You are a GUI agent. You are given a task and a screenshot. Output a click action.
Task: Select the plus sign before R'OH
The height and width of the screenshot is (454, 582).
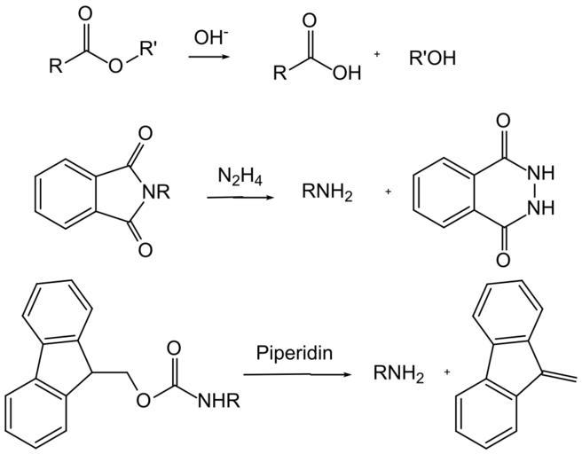pos(377,55)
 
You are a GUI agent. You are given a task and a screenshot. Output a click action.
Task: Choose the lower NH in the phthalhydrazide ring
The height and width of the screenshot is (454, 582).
pos(543,209)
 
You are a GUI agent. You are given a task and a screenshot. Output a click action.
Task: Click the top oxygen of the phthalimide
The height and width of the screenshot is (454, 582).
pos(145,135)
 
